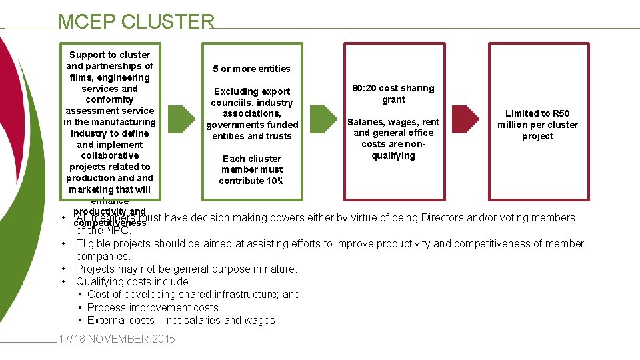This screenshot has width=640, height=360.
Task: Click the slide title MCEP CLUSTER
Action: [x=136, y=21]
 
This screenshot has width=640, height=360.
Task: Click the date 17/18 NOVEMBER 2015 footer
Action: [x=117, y=339]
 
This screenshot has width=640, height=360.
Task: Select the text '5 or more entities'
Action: [x=251, y=69]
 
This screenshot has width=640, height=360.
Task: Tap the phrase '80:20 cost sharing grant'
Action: [x=393, y=94]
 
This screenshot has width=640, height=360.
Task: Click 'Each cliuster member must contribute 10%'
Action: [x=251, y=170]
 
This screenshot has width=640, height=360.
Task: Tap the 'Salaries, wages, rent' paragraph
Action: [x=393, y=139]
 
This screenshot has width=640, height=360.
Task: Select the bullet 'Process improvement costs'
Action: [x=153, y=308]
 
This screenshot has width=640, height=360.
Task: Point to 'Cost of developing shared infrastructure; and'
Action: [x=193, y=295]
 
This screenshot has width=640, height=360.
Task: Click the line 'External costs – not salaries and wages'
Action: [x=181, y=321]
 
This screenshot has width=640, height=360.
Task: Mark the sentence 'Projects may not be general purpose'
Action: [x=186, y=269]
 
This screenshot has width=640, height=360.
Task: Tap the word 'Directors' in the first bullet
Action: [x=438, y=218]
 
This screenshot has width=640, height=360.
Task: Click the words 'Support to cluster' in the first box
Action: [x=109, y=55]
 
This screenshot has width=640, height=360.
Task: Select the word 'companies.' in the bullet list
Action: [x=103, y=257]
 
